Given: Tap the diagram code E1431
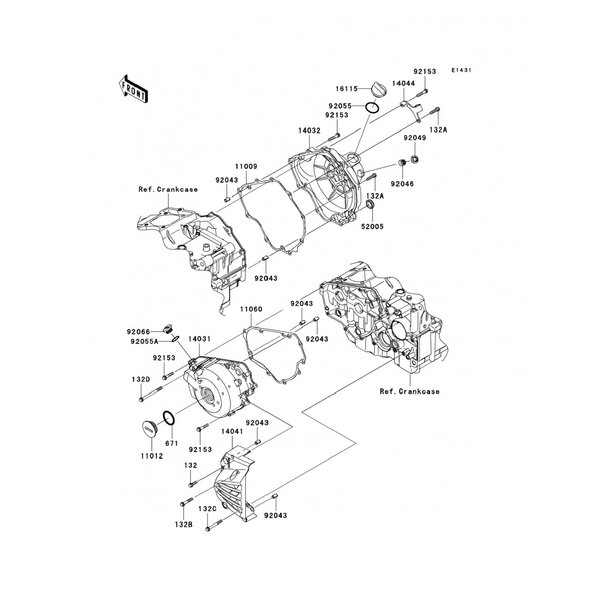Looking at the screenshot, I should (x=462, y=70).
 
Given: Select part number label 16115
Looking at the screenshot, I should (x=346, y=89).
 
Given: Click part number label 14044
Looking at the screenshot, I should (x=403, y=84).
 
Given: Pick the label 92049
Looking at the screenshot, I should (x=415, y=138).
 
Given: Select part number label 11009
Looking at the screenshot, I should (x=246, y=166).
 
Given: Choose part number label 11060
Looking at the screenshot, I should (x=251, y=309).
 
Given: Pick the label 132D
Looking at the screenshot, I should (x=141, y=379).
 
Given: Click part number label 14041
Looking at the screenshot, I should (x=232, y=432).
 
